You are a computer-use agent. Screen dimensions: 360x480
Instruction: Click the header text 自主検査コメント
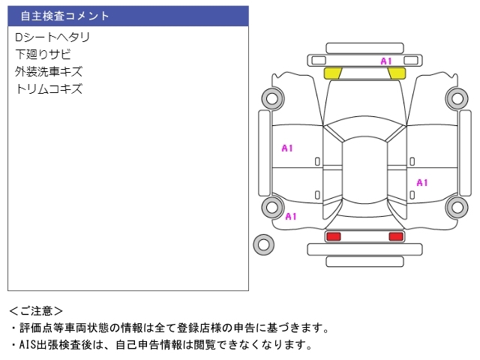(64, 16)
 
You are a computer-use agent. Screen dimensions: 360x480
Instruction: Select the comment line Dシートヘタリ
(52, 37)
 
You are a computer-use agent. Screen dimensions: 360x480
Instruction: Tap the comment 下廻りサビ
(43, 54)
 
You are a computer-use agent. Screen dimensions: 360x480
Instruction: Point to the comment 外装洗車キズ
(49, 71)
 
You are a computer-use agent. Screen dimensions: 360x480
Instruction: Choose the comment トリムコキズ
(49, 88)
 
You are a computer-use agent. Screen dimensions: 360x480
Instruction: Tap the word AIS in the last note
(28, 345)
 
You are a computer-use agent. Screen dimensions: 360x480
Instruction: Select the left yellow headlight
(332, 73)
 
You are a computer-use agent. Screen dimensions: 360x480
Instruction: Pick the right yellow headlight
(397, 73)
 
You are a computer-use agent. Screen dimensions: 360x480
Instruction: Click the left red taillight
(333, 236)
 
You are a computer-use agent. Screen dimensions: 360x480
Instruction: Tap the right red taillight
(395, 236)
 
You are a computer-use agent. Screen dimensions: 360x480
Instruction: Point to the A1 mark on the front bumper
(386, 61)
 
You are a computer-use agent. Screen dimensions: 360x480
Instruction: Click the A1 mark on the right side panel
(422, 182)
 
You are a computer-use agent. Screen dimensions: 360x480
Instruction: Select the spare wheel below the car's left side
(263, 244)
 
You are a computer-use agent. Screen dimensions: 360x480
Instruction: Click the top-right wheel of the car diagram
(456, 97)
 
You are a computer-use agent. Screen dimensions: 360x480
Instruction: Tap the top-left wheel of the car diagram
(271, 97)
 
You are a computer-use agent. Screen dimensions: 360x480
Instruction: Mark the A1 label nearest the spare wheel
(291, 216)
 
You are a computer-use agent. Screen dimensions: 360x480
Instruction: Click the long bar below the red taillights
(364, 260)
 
